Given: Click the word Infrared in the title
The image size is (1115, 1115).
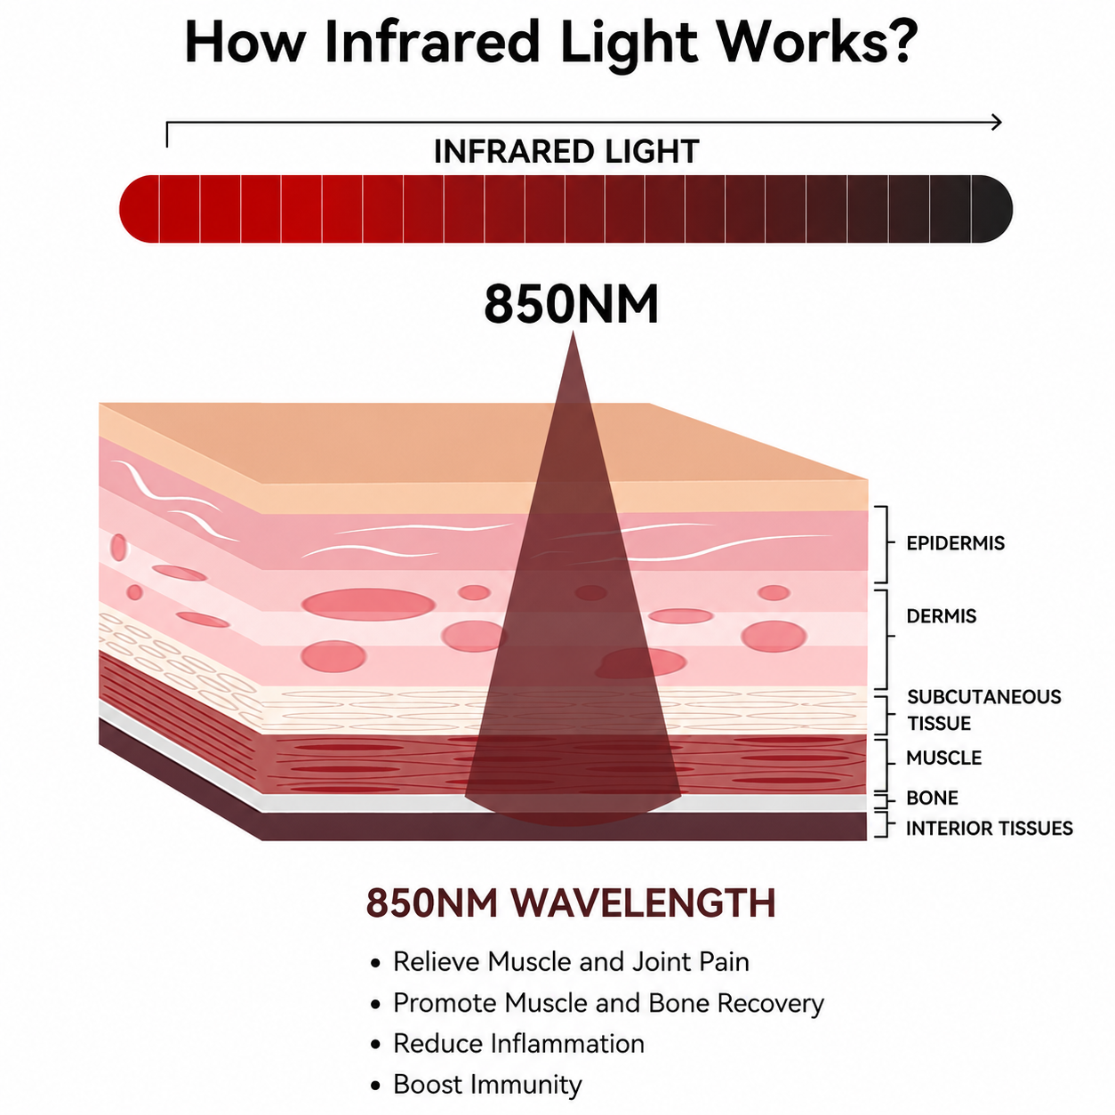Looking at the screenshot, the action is [432, 42].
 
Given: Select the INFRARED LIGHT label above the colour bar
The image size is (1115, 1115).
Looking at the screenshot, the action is [566, 151].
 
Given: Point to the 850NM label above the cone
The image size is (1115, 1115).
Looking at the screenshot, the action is [571, 304].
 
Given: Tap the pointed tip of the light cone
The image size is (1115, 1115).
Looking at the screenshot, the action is [573, 333].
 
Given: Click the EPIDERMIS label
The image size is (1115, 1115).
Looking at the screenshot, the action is [955, 542].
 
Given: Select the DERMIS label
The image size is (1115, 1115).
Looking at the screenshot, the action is [942, 615].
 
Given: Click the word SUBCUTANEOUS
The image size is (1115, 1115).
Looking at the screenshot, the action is [983, 697].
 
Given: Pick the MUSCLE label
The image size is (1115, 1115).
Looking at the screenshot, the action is [943, 758].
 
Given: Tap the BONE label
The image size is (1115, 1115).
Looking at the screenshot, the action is [932, 798].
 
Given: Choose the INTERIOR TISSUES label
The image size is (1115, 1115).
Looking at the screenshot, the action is [990, 828].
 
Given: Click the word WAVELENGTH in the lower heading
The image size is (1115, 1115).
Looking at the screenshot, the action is [643, 902].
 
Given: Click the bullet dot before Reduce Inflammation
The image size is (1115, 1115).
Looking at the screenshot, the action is [375, 1045].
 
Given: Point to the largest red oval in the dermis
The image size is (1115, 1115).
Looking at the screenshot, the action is [369, 604].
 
